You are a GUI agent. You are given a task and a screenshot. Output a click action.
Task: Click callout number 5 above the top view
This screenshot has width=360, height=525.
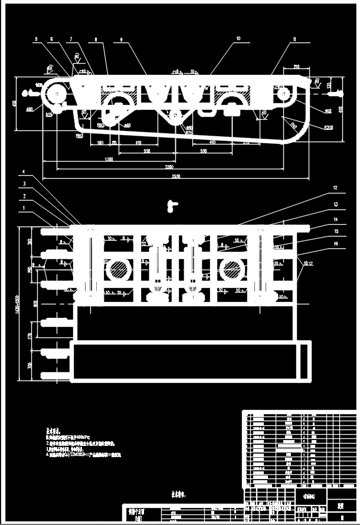click(36, 39)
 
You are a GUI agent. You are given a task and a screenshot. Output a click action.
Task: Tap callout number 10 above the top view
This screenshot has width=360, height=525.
click(238, 39)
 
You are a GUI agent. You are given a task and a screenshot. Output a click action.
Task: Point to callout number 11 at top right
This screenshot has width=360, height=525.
click(294, 39)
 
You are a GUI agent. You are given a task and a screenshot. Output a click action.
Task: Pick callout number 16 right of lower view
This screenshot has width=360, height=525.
click(335, 243)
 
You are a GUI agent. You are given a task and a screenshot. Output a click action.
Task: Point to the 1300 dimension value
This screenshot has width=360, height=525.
click(109, 160)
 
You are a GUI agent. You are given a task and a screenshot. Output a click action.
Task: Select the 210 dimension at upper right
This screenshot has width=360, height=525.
click(296, 67)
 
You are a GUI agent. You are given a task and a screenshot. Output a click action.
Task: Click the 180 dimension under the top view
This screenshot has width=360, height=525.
click(100, 143)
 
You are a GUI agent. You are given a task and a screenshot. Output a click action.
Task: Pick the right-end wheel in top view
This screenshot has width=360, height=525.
click(284, 93)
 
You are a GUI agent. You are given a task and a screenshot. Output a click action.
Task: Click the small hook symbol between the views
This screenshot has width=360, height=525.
click(172, 205)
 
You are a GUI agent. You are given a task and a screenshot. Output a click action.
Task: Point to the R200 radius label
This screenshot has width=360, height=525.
click(328, 127)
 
